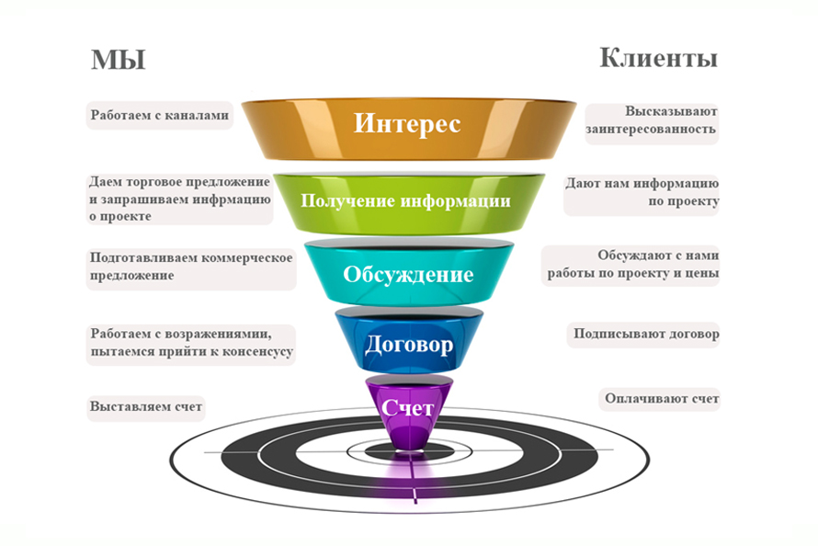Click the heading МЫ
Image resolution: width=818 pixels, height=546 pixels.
click(x=118, y=60)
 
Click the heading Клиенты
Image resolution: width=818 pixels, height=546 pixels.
click(x=658, y=59)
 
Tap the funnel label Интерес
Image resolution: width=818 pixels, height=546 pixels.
click(x=407, y=123)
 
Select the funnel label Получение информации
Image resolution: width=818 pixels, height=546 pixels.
click(x=406, y=200)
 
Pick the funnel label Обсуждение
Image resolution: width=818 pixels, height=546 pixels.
click(x=408, y=274)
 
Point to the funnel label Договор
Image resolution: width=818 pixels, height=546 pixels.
click(x=408, y=345)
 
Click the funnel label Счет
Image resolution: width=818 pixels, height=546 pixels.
click(x=408, y=408)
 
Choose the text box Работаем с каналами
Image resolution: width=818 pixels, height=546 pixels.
click(x=159, y=116)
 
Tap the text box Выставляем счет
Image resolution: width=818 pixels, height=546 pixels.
click(x=145, y=406)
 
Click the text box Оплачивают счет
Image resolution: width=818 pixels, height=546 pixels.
click(x=661, y=399)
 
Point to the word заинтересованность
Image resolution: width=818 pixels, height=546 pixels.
click(x=651, y=130)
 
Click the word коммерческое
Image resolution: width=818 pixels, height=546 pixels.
click(x=248, y=257)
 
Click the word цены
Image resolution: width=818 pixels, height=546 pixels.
click(x=702, y=273)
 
